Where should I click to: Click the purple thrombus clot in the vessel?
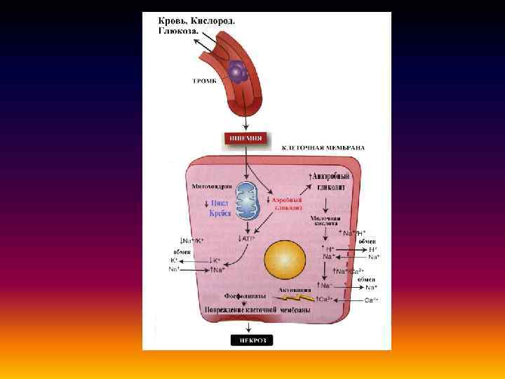(x=238, y=71)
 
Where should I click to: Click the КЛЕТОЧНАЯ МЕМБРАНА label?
(x=323, y=148)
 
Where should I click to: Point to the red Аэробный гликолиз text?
(x=287, y=204)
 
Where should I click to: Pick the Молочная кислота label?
(x=325, y=222)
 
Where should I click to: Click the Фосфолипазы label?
(x=244, y=296)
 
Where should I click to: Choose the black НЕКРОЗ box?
(x=252, y=340)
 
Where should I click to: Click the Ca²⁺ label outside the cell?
(x=371, y=300)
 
